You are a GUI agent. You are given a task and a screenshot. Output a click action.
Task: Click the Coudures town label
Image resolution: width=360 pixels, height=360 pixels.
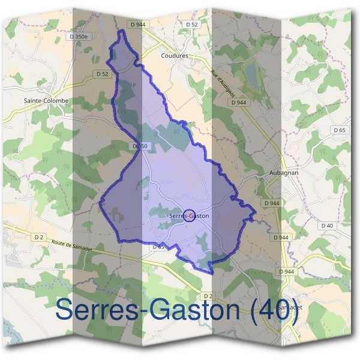175,55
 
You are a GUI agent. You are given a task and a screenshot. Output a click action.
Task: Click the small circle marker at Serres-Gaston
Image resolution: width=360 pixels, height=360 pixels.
188,215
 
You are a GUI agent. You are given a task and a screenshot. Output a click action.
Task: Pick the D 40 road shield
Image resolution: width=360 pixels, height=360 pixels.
326,225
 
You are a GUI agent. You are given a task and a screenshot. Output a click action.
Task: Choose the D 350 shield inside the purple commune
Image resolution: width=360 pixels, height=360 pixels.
139,146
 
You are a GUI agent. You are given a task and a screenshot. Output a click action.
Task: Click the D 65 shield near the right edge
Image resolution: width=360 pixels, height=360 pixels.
339,130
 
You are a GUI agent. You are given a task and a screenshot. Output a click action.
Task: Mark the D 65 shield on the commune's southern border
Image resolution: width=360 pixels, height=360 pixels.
158,247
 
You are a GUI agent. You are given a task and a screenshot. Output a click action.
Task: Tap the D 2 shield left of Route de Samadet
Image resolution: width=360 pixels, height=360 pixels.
39,237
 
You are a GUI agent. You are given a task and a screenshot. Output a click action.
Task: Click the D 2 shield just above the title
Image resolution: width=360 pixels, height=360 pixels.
208,296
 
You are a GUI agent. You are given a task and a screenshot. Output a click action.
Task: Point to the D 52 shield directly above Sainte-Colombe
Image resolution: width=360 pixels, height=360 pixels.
102,74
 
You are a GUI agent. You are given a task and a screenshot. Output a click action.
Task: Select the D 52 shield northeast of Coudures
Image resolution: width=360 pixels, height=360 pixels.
191,24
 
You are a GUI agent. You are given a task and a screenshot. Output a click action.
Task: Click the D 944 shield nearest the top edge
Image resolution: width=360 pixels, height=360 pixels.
137,24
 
